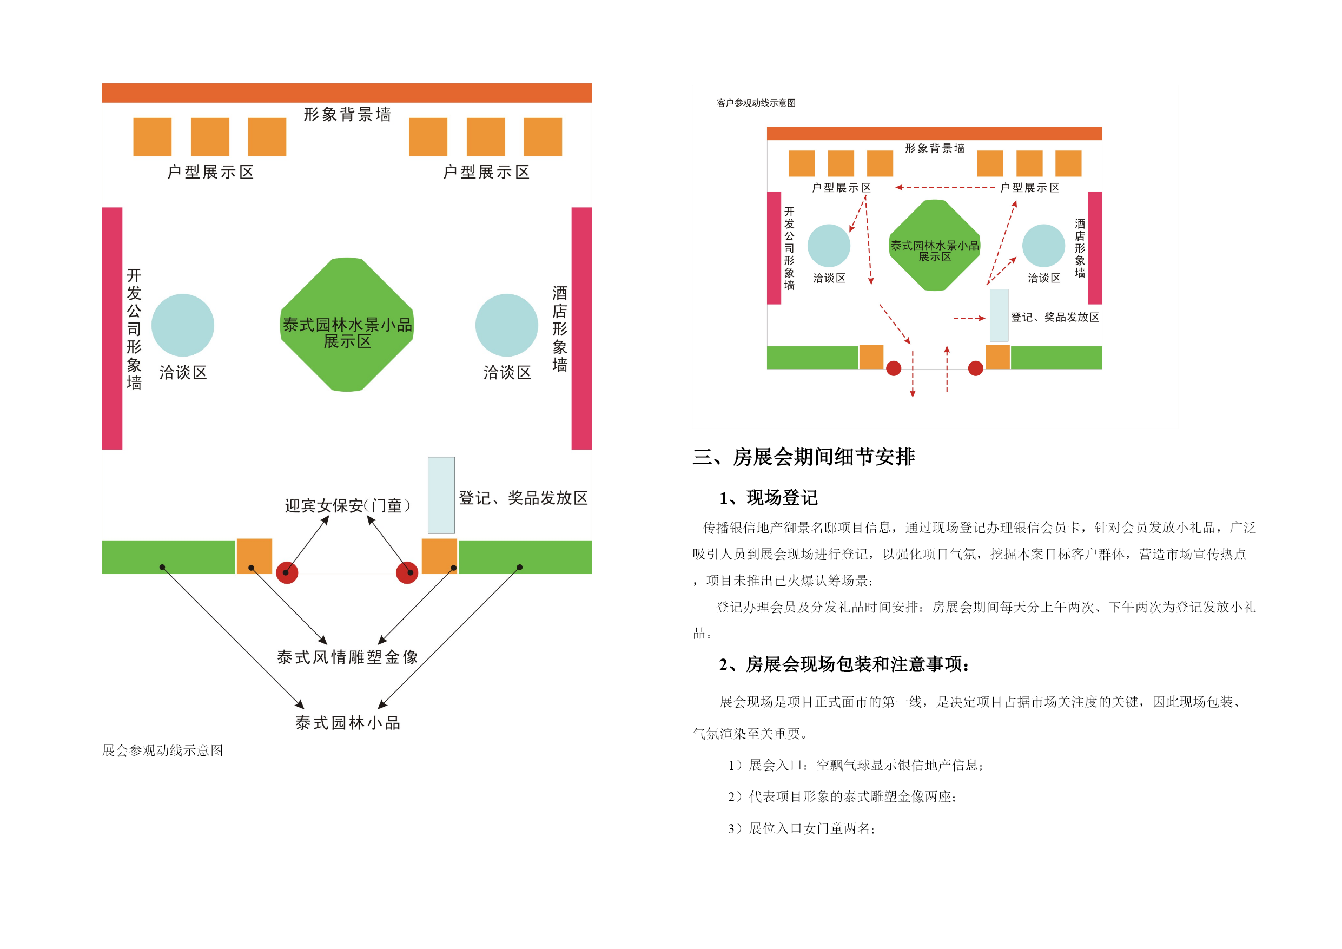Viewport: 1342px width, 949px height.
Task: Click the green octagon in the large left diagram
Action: [347, 325]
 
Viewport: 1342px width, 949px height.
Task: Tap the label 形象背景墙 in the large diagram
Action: [347, 114]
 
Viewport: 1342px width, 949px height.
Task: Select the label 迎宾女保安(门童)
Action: [348, 505]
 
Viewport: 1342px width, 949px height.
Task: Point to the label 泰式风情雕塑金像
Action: [347, 657]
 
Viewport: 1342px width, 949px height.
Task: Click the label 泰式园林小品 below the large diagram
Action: [348, 723]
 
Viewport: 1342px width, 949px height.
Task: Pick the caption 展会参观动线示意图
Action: [162, 750]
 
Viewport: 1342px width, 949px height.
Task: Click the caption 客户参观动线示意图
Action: [756, 103]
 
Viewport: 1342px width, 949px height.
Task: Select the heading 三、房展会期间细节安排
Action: [804, 457]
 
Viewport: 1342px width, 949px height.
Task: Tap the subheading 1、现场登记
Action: [769, 498]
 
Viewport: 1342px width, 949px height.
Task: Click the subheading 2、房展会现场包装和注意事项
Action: [844, 664]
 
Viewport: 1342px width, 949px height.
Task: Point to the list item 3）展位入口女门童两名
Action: [801, 828]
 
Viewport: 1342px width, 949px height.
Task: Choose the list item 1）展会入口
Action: [856, 765]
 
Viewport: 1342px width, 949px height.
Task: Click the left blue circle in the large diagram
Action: [183, 325]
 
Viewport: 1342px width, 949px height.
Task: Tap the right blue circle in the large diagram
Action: [507, 325]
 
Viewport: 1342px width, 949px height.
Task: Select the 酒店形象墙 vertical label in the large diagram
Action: [560, 329]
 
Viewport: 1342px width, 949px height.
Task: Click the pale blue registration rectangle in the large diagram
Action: [441, 495]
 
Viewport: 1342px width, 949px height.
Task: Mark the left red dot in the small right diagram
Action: [894, 368]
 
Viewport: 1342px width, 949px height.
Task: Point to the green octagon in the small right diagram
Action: [935, 246]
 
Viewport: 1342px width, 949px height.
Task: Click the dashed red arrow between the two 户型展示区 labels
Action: [945, 187]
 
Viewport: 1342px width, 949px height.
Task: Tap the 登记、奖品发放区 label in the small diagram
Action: [1055, 317]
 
